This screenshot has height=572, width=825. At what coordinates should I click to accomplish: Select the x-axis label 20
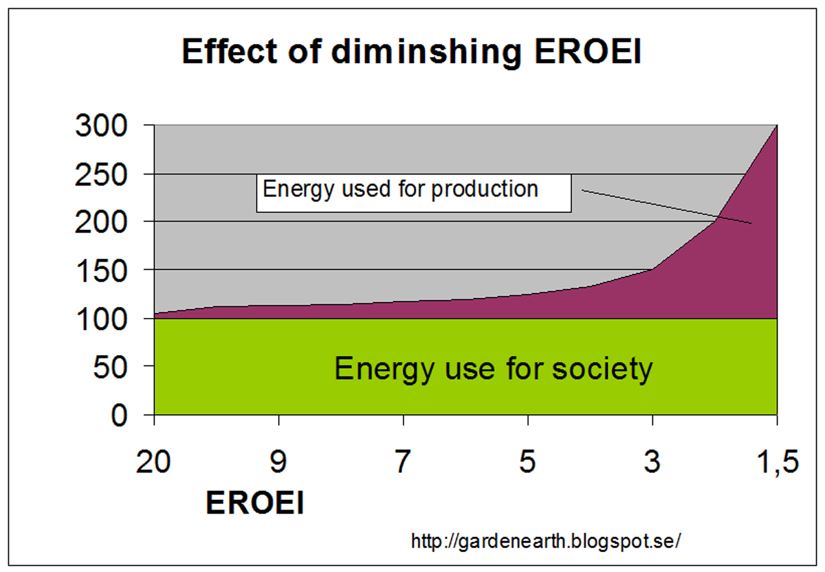point(154,462)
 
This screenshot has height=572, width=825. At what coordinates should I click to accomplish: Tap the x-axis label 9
point(278,462)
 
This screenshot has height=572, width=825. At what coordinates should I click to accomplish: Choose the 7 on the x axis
point(403,462)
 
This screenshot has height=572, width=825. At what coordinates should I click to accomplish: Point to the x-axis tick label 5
point(527,462)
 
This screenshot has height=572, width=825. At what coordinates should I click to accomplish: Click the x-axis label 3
point(652,462)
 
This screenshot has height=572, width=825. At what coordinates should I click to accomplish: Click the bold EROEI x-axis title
point(255,504)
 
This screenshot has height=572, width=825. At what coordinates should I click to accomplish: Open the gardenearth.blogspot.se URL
point(546,541)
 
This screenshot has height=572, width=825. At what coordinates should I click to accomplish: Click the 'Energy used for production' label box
point(413,192)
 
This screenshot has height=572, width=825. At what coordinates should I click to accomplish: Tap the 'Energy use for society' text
point(493,369)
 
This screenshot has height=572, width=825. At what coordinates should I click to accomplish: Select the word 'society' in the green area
point(602,369)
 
